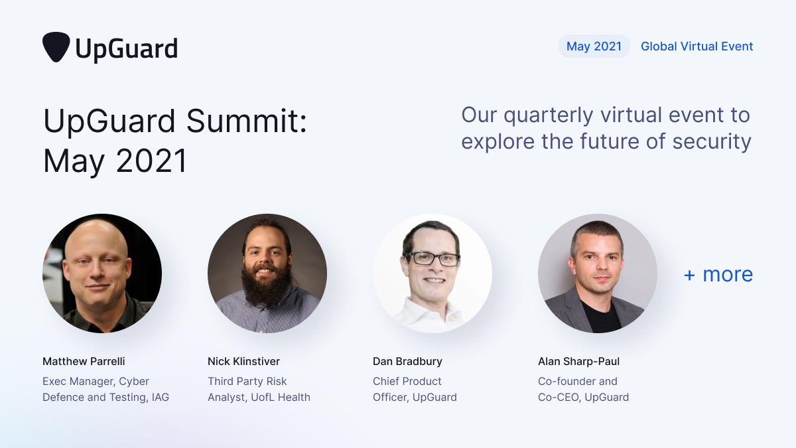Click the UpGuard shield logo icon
[56, 47]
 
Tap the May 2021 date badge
[594, 46]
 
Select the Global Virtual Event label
[696, 46]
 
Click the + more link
[718, 274]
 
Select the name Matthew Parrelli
[84, 362]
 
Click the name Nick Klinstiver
[243, 362]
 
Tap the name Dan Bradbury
[407, 362]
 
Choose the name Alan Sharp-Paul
[578, 362]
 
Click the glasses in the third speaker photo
[432, 259]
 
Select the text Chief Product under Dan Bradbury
[407, 382]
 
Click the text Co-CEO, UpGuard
[583, 398]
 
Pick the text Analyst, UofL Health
[259, 398]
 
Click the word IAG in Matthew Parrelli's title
[160, 398]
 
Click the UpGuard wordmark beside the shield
[126, 48]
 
